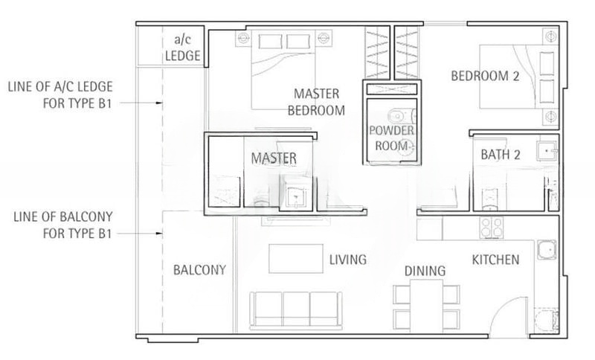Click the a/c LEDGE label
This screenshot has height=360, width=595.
pos(182,48)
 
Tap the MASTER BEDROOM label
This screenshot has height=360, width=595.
pos(316,102)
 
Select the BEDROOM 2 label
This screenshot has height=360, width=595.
pos(485,76)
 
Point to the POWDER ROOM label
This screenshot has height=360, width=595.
pos(391,138)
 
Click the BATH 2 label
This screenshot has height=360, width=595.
pos(500,155)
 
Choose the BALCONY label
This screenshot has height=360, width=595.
pos(199,270)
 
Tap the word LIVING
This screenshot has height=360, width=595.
pos(347,260)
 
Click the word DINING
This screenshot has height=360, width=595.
pos(425,271)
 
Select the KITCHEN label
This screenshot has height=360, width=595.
pos(495,260)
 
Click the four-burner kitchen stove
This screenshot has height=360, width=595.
pos(492,228)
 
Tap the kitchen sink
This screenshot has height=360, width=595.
pos(547,250)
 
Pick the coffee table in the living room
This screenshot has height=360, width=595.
pos(296,259)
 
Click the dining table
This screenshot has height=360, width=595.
pos(426,306)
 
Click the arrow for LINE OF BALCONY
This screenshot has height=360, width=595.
pos(140,234)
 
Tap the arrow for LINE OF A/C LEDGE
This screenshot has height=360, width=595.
pos(140,103)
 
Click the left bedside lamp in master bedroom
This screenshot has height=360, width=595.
pos(243,39)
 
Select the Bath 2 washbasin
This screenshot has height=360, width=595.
pos(547,151)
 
